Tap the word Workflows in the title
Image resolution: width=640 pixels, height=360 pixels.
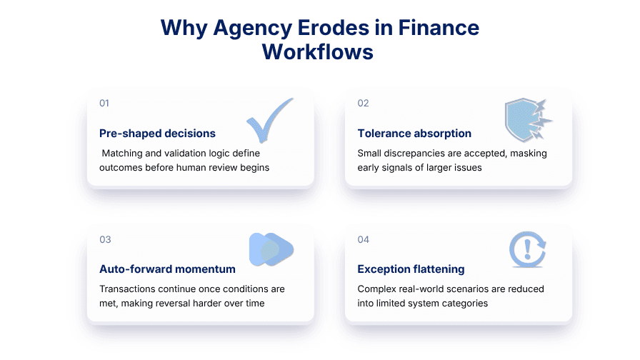click(x=318, y=52)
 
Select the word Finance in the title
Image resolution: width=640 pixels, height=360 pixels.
click(x=435, y=28)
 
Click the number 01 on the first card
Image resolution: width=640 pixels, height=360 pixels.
click(x=104, y=103)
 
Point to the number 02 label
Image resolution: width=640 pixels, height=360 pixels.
click(x=363, y=103)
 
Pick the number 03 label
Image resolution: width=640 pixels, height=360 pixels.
click(x=105, y=239)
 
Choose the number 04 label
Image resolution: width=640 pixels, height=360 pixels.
click(x=363, y=239)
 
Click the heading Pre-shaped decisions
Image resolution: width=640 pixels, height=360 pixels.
click(x=157, y=134)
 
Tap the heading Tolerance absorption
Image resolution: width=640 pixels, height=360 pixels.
click(x=414, y=134)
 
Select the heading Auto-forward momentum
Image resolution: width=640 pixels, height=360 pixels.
click(x=167, y=269)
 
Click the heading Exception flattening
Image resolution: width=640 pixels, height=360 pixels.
click(x=411, y=269)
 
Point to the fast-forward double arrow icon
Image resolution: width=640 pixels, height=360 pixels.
click(x=271, y=249)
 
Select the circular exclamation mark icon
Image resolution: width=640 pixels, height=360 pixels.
click(x=527, y=249)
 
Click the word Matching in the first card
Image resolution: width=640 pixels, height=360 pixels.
click(x=122, y=153)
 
